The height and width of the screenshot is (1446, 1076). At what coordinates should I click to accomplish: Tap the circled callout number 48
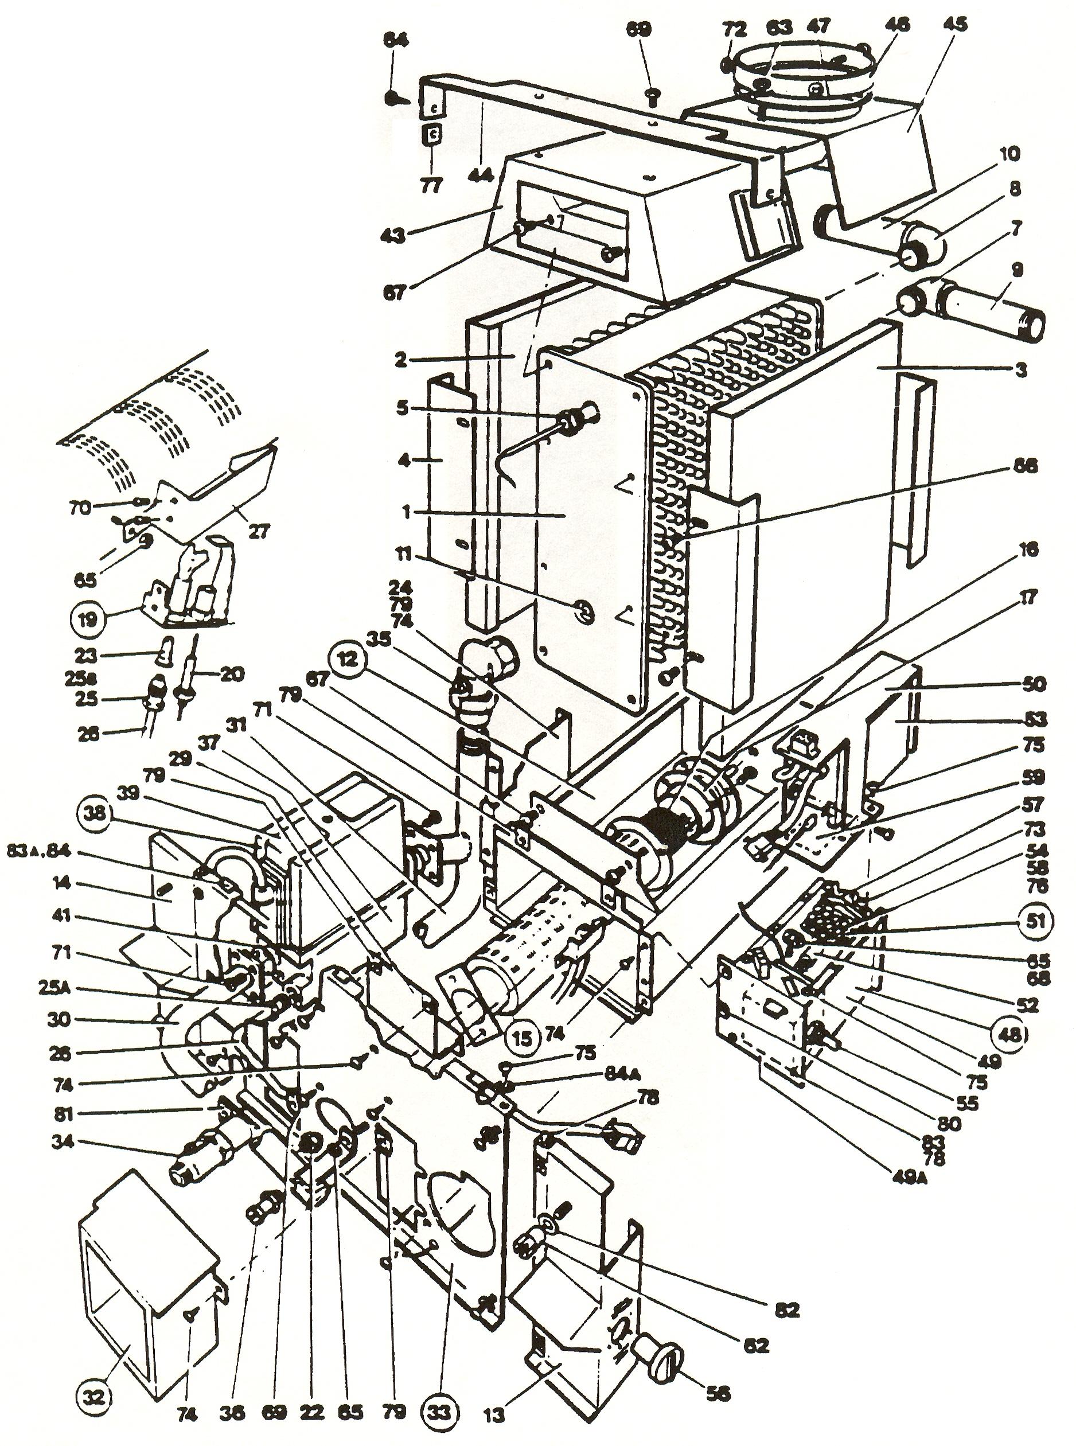1008,1034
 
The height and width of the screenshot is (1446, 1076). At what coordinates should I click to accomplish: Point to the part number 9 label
1017,270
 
